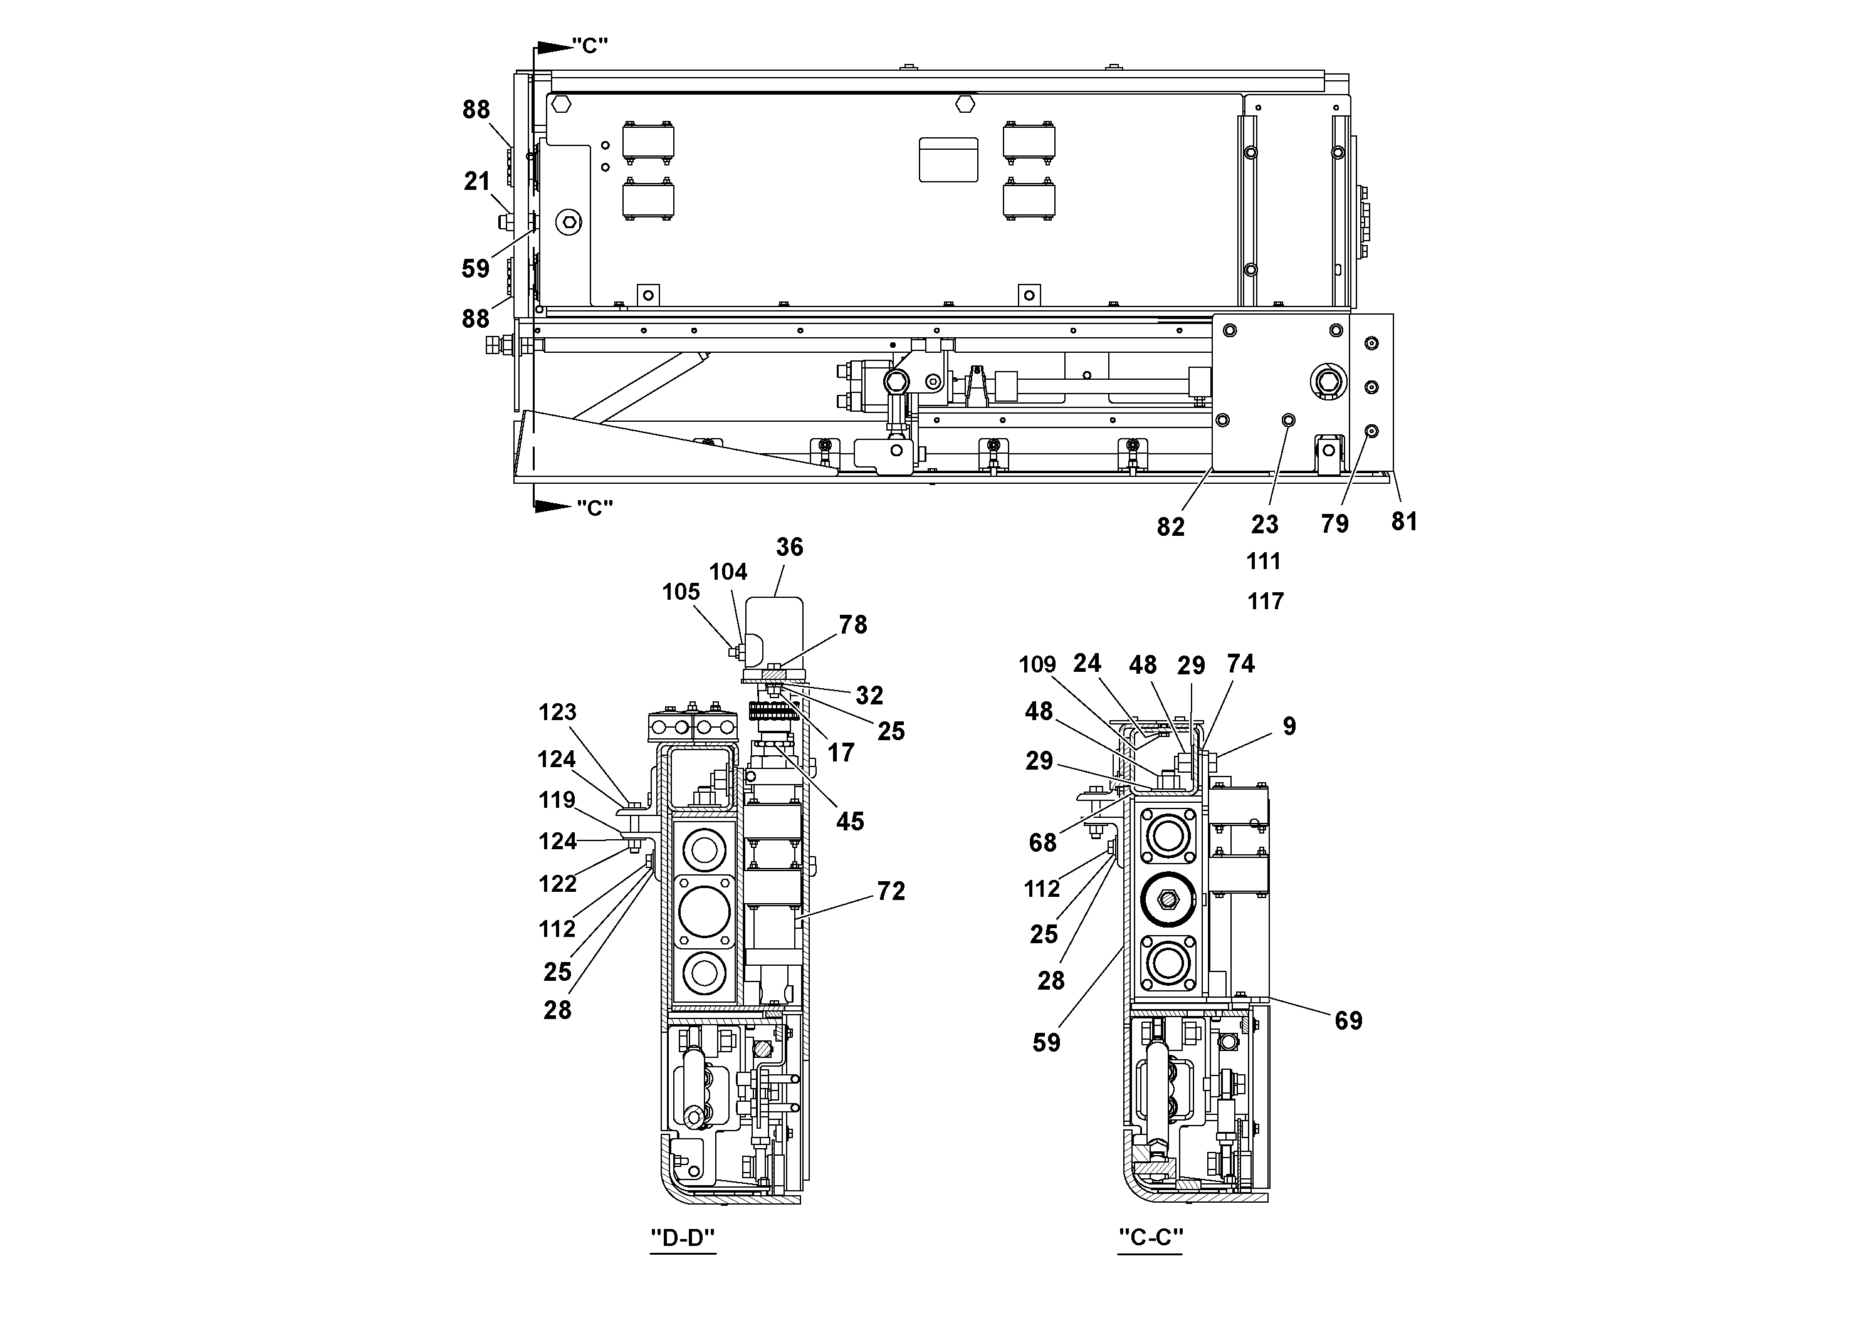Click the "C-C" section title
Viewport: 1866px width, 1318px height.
pos(1150,1238)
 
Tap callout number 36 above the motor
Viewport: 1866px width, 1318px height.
pos(789,547)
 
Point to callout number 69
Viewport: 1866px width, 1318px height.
pos(1348,1020)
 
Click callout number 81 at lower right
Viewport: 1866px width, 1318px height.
pos(1405,521)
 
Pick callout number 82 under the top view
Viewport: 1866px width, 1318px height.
pos(1170,527)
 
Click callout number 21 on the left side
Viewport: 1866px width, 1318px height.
pos(477,181)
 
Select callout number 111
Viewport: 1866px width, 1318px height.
pos(1264,562)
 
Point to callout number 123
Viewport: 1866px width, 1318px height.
pos(557,713)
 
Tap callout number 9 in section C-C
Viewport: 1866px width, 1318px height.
pos(1289,726)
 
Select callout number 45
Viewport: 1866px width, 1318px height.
pos(850,822)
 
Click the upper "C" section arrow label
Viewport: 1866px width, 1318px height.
pos(589,46)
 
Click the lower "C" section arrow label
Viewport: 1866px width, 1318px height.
pos(594,508)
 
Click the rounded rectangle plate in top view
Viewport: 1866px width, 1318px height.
pos(948,159)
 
